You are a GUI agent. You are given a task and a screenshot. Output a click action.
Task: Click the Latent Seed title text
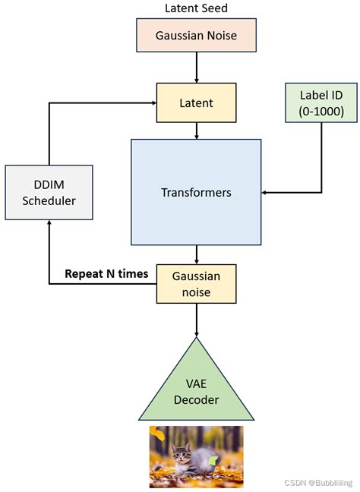coord(196,8)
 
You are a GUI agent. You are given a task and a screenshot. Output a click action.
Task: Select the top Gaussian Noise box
coord(196,35)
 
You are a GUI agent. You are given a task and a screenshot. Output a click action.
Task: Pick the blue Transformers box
coord(196,192)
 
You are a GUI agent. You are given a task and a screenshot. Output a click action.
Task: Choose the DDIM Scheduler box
coord(49,192)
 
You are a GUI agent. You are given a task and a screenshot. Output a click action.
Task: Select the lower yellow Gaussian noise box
coord(197,284)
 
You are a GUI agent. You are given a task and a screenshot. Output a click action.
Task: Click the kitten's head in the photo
coord(182,453)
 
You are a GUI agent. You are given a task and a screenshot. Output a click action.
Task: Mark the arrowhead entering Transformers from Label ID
coord(267,192)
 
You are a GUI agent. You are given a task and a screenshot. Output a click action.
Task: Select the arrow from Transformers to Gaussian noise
coord(197,254)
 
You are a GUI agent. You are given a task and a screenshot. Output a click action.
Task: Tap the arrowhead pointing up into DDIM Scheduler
coord(49,223)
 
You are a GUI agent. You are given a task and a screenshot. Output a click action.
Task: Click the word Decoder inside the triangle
coord(197,400)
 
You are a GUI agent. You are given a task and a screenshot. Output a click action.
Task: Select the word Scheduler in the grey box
coord(49,201)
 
